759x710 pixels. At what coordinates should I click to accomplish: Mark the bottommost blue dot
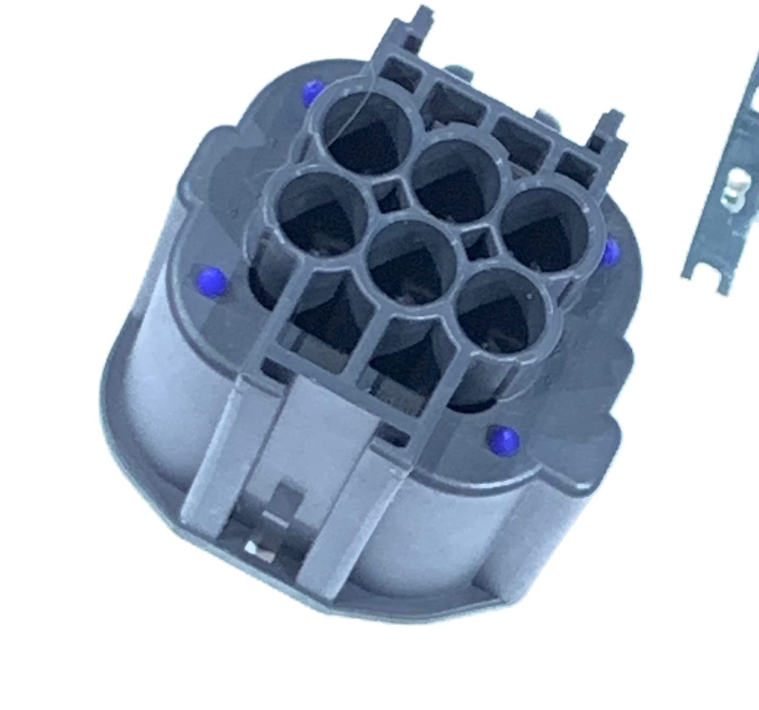coord(504,438)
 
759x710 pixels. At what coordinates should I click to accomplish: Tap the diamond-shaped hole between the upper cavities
coord(391,194)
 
